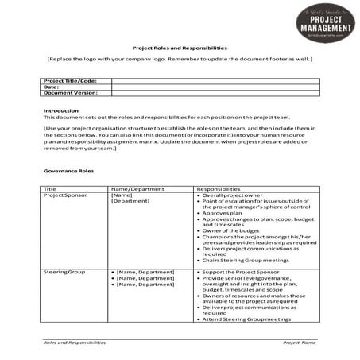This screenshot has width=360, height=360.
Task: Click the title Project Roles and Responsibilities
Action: tap(180, 47)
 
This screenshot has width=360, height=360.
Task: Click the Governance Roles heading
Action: tap(68, 171)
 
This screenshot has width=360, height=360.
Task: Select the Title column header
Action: tap(50, 188)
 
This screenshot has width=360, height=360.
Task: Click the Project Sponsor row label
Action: tap(65, 195)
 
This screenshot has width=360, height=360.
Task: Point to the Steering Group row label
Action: tap(64, 272)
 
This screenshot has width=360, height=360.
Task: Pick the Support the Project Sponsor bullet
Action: tap(241, 272)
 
